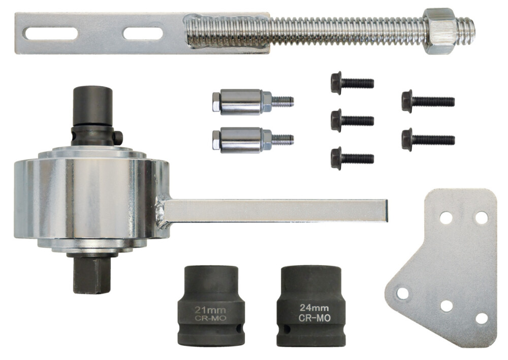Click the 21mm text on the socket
tap(210, 309)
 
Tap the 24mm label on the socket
tap(313, 308)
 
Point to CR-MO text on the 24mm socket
tap(313, 318)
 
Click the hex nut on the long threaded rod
tap(440, 31)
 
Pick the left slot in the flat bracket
tap(50, 34)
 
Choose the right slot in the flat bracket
tap(143, 34)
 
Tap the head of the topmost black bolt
tap(336, 83)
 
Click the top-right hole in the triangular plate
tap(481, 217)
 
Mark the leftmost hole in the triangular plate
tap(402, 293)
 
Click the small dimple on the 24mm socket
tap(288, 331)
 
